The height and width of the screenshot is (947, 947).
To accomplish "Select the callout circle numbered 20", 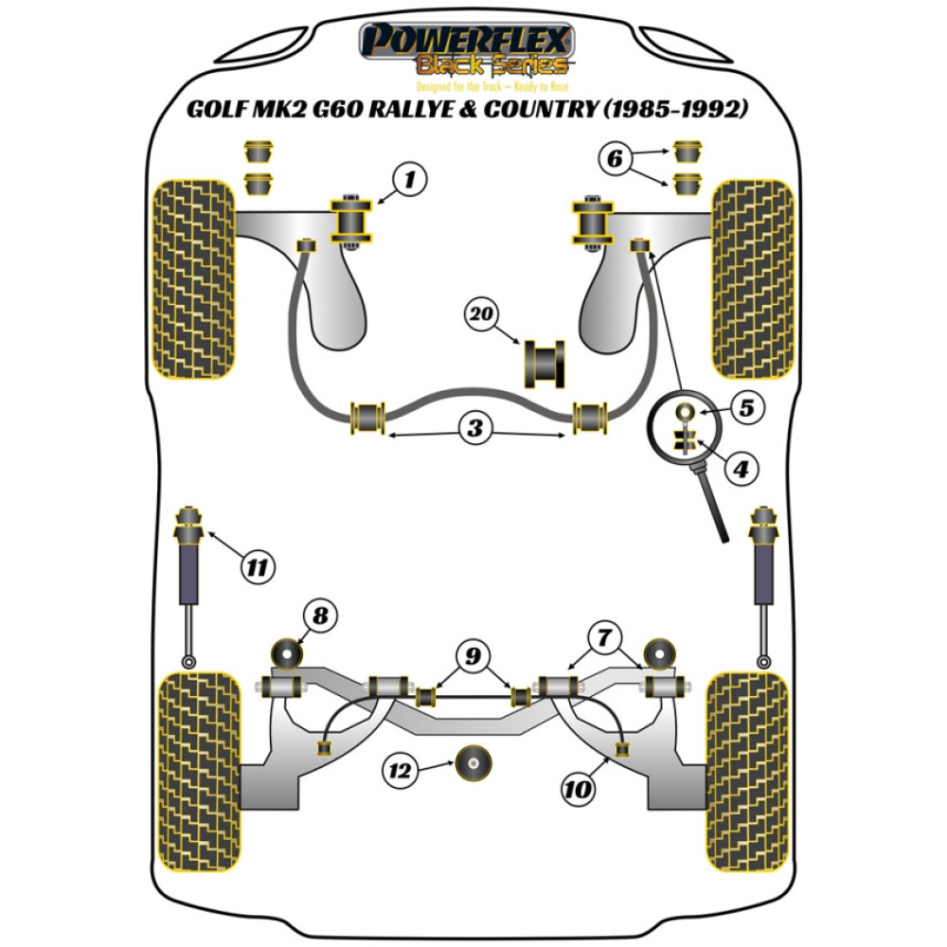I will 483,313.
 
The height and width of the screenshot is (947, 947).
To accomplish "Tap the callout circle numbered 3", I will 474,429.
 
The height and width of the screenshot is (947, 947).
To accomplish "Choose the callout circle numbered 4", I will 742,467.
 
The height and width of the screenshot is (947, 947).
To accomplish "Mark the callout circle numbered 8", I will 320,617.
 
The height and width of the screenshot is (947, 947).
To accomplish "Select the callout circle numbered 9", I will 473,653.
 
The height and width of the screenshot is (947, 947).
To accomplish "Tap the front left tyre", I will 193,278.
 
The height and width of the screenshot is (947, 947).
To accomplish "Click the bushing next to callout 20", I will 545,363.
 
